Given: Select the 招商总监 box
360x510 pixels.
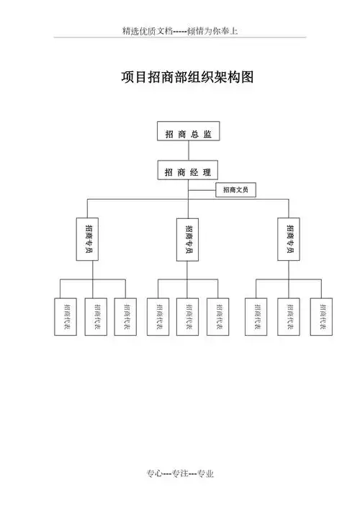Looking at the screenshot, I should [188, 133].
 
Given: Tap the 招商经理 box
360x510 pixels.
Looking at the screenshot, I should [188, 172].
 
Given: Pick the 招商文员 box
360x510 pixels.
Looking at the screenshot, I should [235, 190].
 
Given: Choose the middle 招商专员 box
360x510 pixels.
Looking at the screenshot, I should [189, 238].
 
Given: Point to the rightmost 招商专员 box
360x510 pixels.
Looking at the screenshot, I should [290, 238].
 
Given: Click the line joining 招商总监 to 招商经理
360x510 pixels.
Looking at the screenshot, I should [188, 152].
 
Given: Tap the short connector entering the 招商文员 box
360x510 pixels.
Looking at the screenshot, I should [202, 190].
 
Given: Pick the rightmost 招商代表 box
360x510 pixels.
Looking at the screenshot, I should [321, 316].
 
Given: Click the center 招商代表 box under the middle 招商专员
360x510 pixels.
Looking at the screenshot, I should [187, 316].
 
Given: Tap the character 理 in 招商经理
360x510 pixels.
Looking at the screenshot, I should [207, 172].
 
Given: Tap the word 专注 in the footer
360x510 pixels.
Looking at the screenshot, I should [180, 473].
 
